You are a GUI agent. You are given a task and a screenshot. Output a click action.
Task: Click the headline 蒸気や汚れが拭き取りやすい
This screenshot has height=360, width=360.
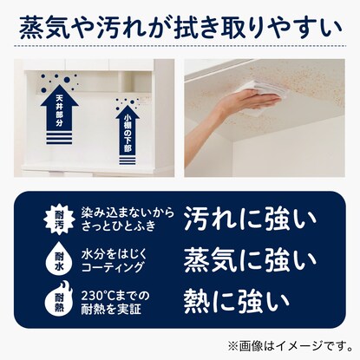point(180,28)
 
